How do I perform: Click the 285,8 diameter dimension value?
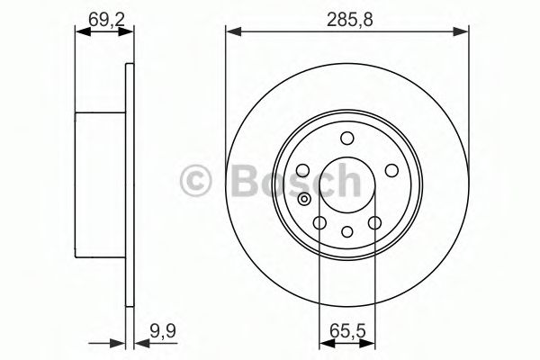pos(347,15)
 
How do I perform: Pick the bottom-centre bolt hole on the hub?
pos(346,233)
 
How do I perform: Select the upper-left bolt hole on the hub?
pos(303,171)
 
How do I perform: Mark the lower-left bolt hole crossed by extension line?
pos(319,221)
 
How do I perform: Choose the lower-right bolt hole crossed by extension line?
pos(373,221)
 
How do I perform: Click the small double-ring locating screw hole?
pos(306,200)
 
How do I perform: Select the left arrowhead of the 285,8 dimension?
pos(230,32)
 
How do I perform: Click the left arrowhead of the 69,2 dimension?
pos(79,32)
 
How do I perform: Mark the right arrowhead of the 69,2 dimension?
pos(130,32)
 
